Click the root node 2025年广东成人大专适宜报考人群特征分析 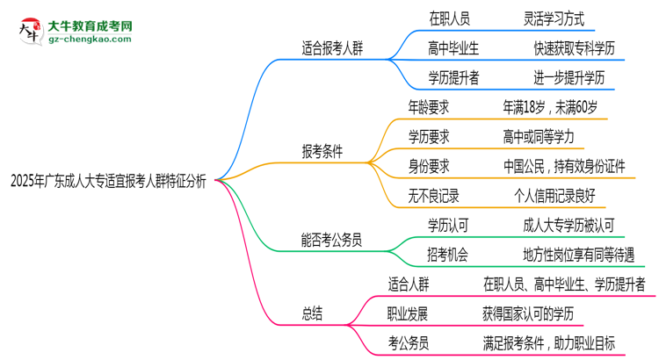tap(108, 181)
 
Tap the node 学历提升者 tap(453, 77)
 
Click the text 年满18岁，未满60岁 tap(550, 107)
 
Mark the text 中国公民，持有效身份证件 tap(564, 167)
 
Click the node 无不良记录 tap(434, 196)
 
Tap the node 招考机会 tap(448, 255)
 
